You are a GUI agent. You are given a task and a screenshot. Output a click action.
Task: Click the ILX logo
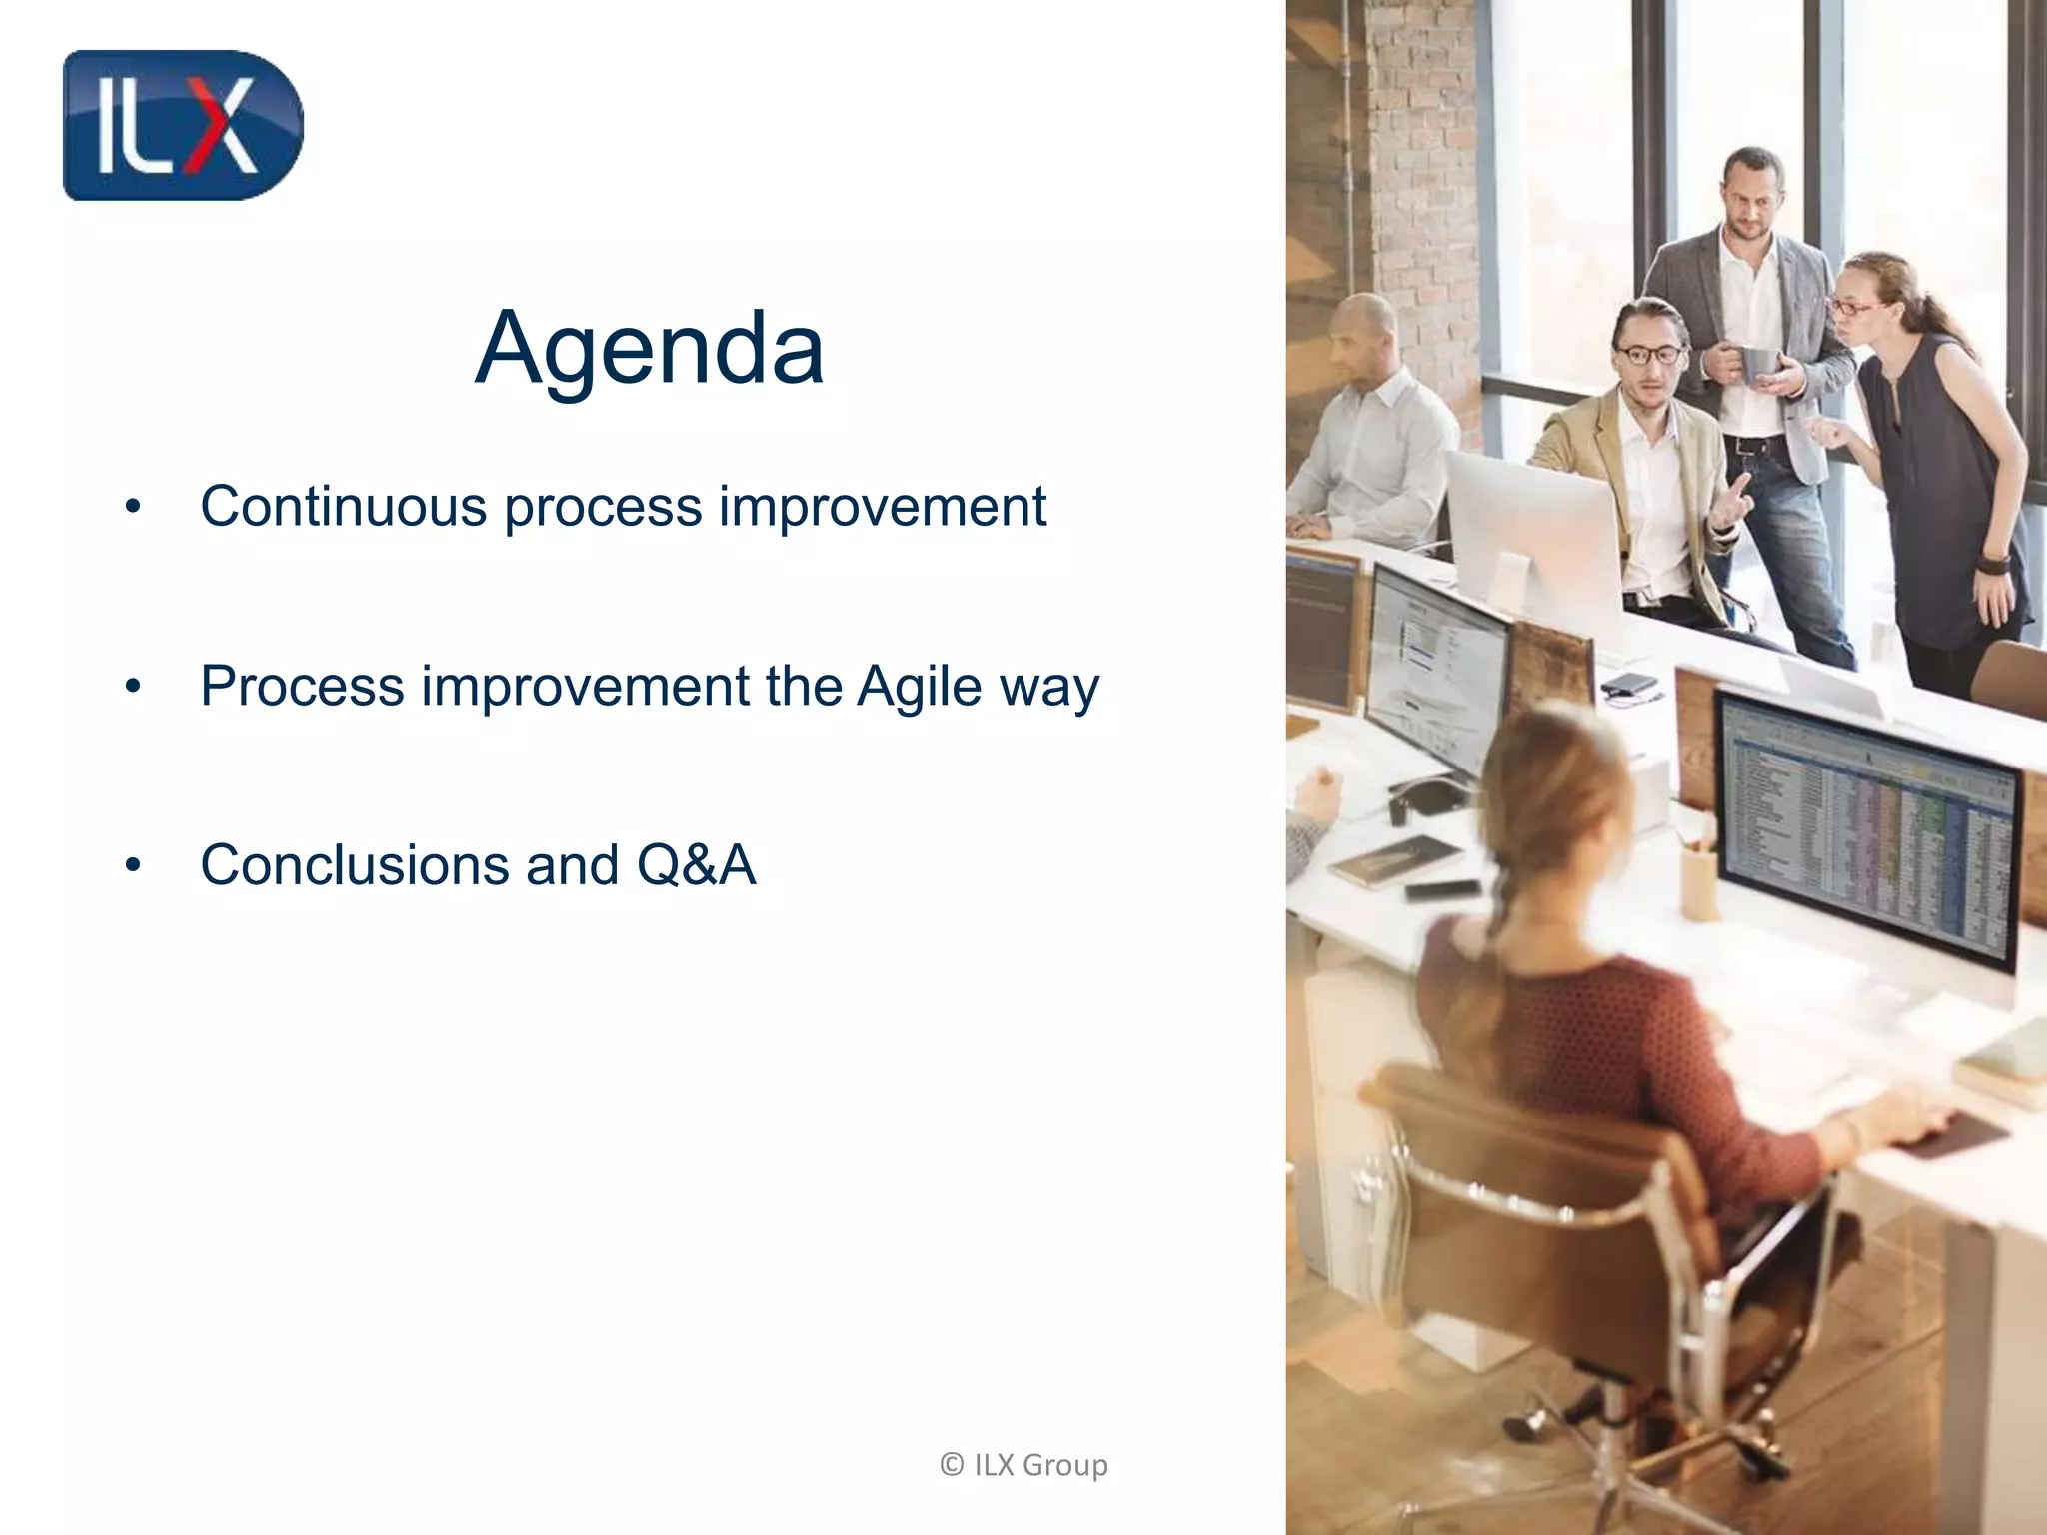(x=182, y=125)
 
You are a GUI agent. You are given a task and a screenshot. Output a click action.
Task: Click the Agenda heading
(x=650, y=348)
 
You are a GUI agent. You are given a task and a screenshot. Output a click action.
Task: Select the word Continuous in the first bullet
(x=343, y=506)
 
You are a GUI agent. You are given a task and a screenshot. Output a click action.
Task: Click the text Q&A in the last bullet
(x=696, y=865)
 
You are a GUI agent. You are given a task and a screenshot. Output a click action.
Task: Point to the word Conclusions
(x=355, y=865)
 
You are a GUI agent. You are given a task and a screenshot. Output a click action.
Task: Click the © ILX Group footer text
(x=1023, y=1465)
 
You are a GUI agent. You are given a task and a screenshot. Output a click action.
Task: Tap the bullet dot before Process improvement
(x=134, y=688)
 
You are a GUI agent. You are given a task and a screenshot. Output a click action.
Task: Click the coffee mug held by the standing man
(x=1757, y=364)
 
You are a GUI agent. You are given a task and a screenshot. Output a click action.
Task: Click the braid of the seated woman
(x=1499, y=899)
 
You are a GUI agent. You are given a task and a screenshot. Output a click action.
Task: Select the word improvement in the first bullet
(x=882, y=506)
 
